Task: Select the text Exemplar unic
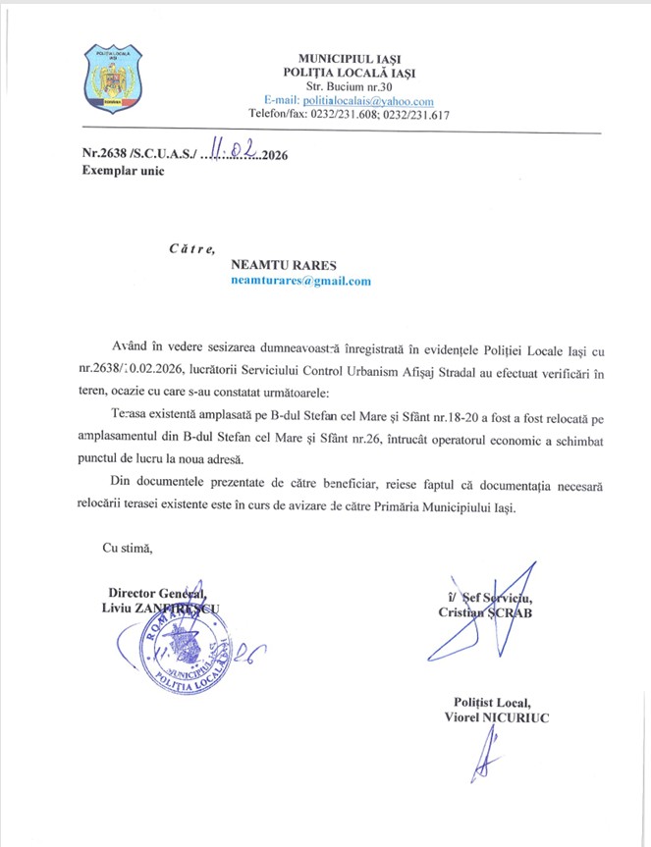tap(124, 171)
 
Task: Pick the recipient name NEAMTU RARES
tap(283, 264)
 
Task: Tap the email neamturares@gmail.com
tap(300, 281)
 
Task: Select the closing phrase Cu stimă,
tap(128, 547)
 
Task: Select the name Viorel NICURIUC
tap(497, 717)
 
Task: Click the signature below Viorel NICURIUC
tap(483, 759)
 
